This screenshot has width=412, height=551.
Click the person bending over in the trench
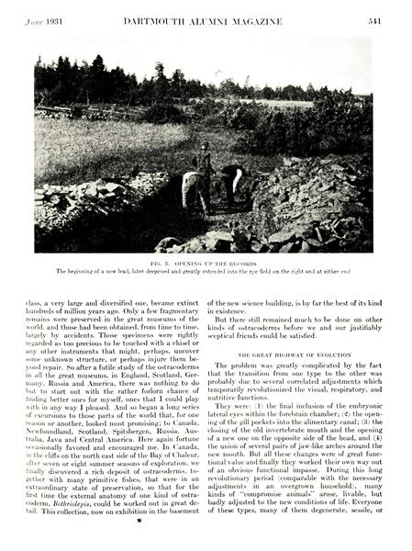pos(190,188)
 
